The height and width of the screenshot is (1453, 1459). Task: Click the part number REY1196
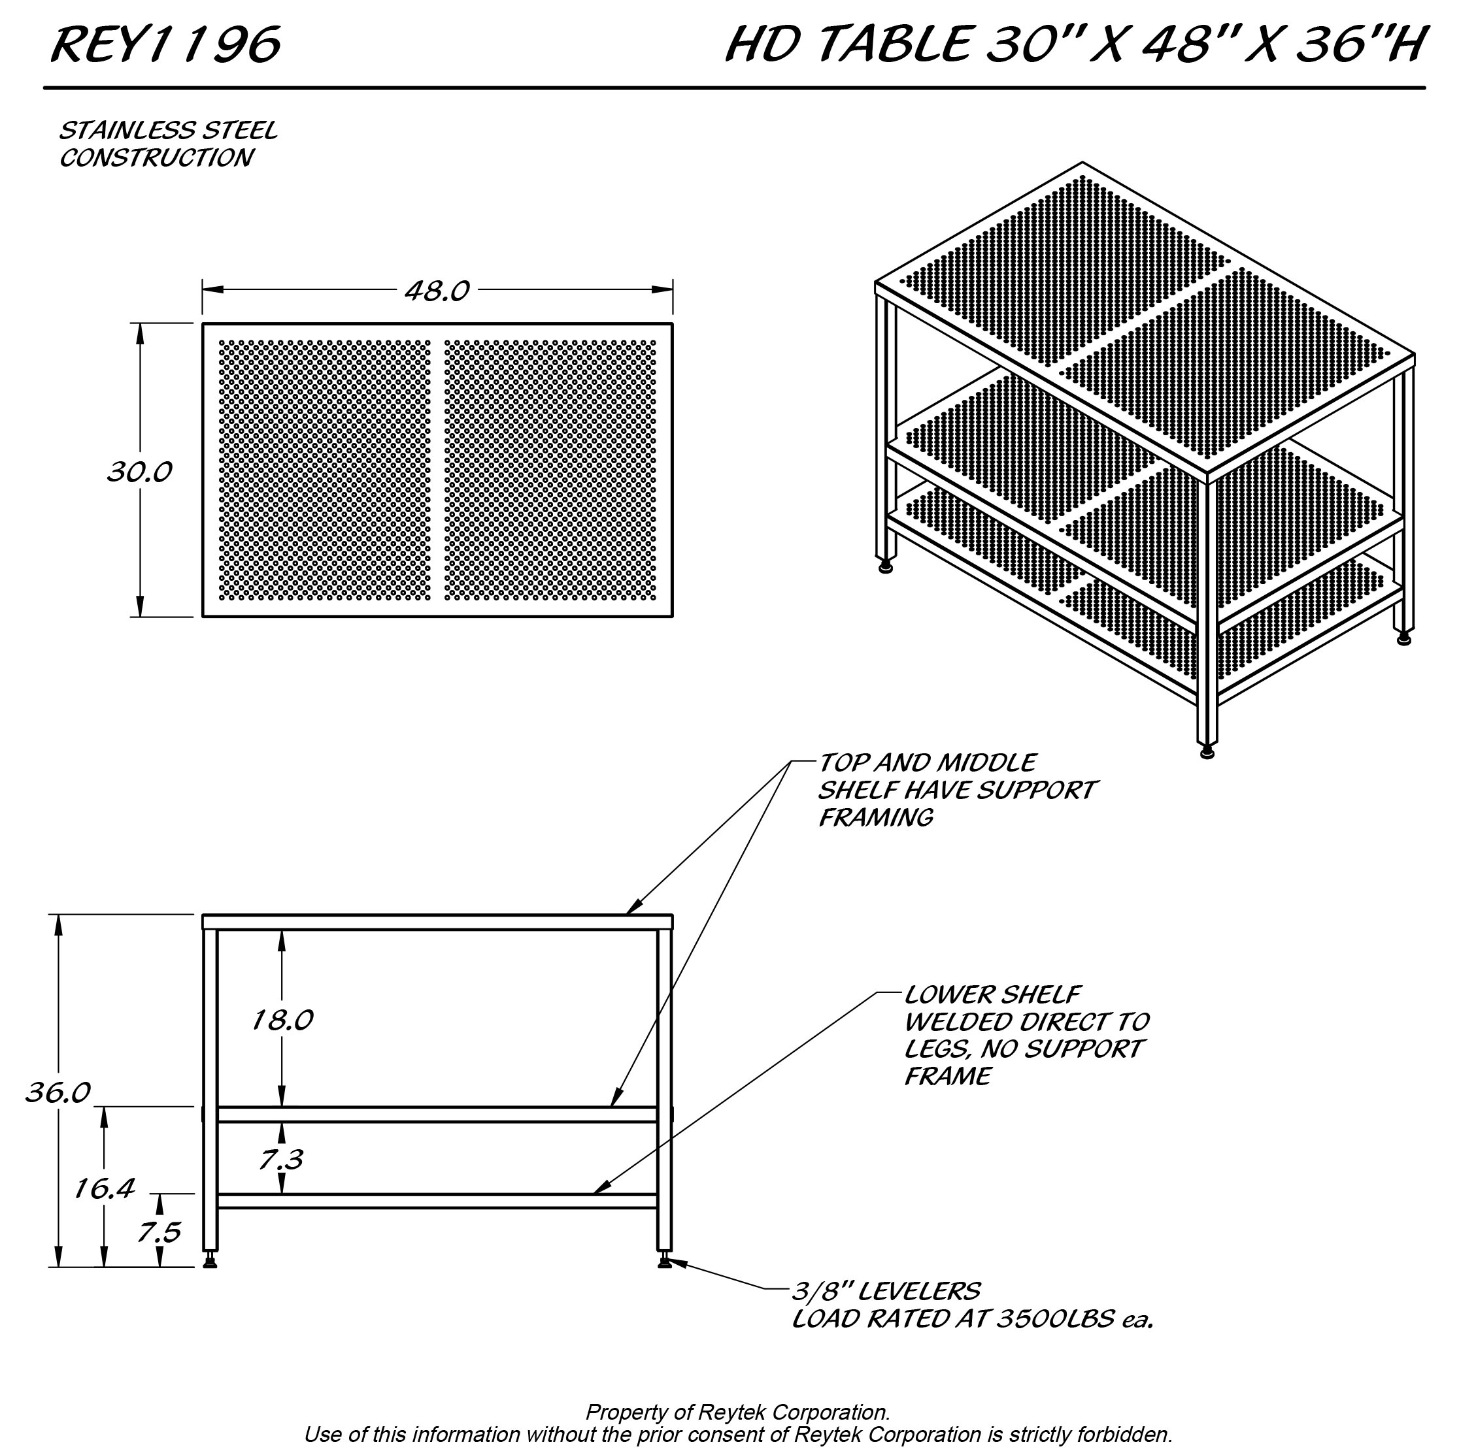(165, 44)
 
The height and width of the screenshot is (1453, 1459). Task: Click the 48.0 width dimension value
(437, 291)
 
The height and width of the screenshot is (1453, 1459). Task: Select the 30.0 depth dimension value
(140, 472)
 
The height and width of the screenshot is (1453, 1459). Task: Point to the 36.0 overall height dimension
(58, 1092)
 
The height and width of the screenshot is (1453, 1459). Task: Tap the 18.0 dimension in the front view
(282, 1020)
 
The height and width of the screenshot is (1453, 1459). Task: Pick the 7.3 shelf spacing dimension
(281, 1160)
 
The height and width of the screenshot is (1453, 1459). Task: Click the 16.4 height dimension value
(104, 1190)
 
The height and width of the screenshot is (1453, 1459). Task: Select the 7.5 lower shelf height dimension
(159, 1233)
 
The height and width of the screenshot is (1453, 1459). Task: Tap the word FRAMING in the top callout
(876, 817)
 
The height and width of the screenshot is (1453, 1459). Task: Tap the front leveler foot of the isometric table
(1207, 752)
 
